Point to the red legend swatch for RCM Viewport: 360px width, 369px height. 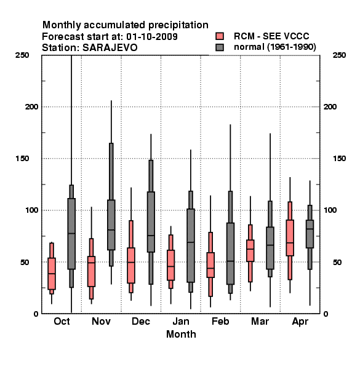[x=220, y=36]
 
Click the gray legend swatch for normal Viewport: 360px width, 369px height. [x=220, y=47]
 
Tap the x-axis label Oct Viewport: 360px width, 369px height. [x=62, y=321]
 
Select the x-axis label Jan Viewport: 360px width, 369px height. [x=181, y=321]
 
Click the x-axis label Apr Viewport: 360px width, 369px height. [x=300, y=322]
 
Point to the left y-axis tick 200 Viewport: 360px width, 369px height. [x=32, y=107]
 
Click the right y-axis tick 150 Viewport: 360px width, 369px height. [x=339, y=159]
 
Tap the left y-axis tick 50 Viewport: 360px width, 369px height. [x=25, y=262]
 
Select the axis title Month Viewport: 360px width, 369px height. [x=181, y=334]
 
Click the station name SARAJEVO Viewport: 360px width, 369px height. [x=110, y=48]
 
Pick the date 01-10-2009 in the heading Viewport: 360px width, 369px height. [x=152, y=37]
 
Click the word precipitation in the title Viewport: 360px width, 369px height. [x=178, y=25]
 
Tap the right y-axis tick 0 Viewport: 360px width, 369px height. [x=326, y=314]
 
